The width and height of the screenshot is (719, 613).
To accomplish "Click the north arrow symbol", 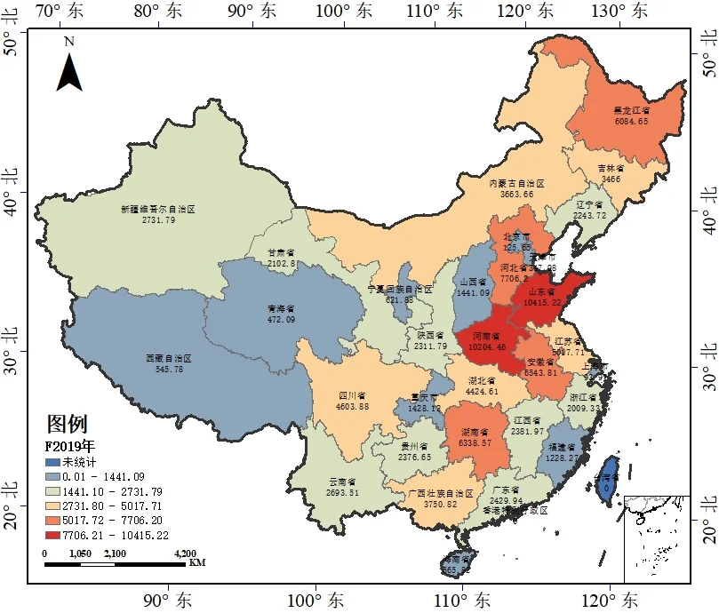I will click(69, 69).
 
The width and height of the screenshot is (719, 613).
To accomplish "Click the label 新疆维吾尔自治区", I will click(157, 210).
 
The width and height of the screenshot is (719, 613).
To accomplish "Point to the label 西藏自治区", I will click(168, 359).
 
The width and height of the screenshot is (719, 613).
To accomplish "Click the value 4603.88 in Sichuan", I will click(353, 406).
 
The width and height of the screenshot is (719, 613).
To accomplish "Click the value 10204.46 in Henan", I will click(487, 346).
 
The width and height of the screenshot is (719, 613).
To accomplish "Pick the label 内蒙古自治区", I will click(516, 183).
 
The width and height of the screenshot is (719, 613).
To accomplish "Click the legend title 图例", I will click(67, 425).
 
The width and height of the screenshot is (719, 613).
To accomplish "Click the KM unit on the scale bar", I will click(197, 562).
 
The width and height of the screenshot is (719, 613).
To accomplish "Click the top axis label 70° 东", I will click(59, 12).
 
